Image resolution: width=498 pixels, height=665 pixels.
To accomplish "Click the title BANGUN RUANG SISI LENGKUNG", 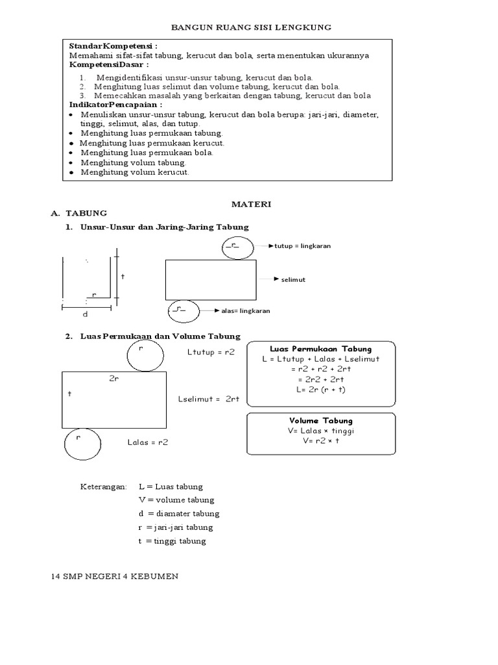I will pos(251,27).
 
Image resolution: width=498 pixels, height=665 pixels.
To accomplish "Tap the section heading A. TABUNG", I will pos(79,213).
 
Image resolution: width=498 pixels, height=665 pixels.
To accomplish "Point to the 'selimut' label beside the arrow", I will pos(293,279).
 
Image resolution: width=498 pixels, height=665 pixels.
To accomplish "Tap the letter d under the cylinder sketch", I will pos(84,314).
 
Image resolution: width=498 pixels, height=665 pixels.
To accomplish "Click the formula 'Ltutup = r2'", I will pos(211,351).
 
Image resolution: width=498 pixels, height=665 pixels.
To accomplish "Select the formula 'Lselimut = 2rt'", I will pos(209,399).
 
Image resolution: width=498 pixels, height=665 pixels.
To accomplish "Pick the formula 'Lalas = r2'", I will pos(148,442).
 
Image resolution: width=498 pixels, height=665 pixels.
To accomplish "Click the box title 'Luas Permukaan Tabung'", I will pos(320,349).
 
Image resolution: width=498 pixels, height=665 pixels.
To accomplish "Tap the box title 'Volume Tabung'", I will pos(321,421).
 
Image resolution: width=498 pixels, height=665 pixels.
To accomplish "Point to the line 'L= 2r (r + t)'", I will pos(320,390).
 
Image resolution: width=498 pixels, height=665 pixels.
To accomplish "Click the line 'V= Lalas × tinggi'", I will pos(321,431).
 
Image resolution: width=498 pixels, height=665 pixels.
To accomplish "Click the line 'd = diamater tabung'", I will pos(178,514).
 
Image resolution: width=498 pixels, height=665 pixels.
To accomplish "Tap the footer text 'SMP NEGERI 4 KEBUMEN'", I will pos(120,577).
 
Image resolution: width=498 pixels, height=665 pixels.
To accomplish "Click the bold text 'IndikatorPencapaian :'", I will pos(116,105).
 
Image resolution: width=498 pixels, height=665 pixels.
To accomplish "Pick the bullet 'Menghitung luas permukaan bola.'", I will pos(146,153).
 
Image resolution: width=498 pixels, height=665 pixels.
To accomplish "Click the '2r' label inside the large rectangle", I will pos(113,379).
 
